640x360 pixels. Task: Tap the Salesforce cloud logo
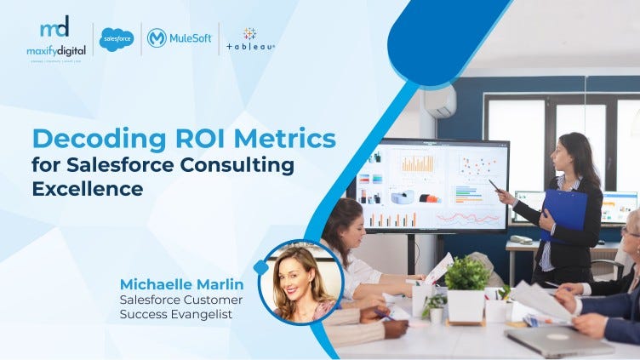pos(117,39)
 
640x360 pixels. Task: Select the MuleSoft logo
pos(179,38)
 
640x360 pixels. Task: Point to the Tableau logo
pos(250,39)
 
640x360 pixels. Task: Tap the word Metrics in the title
pos(283,139)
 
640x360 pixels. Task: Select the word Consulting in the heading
pos(241,163)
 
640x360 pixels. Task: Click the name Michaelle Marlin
pos(181,283)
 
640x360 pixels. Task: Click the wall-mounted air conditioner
pos(440,101)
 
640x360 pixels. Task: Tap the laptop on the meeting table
pos(557,340)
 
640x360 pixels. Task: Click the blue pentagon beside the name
pos(260,267)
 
